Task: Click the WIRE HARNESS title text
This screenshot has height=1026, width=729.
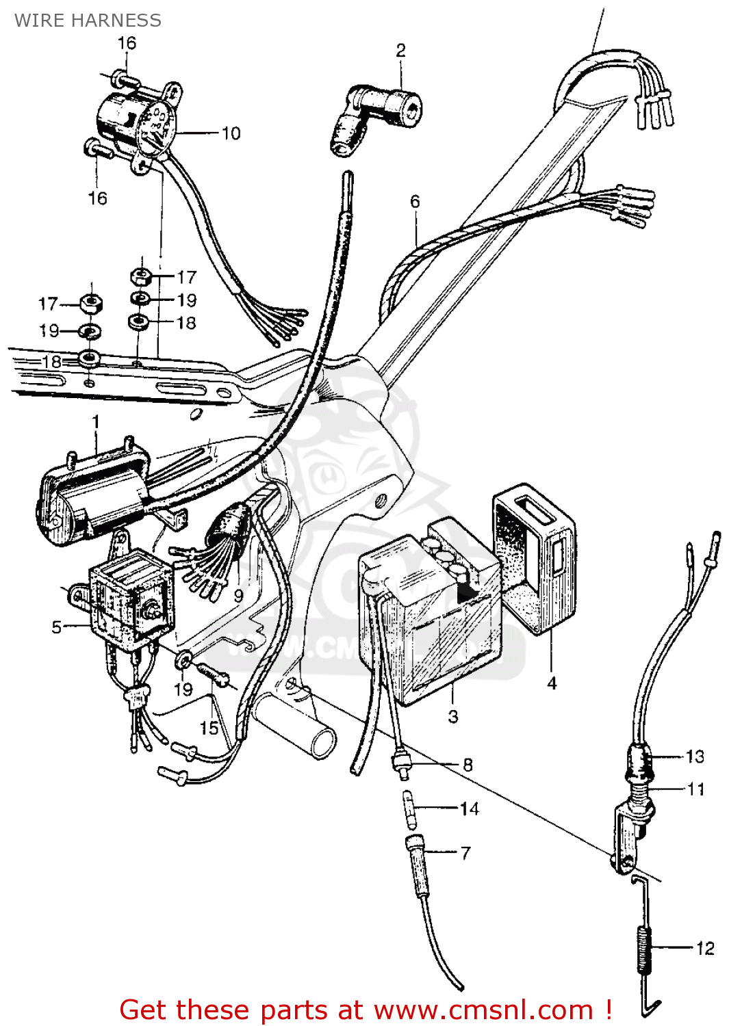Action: [88, 21]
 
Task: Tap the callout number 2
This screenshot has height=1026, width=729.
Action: [400, 50]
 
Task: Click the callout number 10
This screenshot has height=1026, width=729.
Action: [231, 133]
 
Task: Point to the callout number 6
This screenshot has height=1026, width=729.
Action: [415, 201]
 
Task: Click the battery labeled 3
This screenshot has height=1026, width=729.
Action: [430, 616]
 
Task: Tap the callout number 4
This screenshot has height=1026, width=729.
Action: [552, 683]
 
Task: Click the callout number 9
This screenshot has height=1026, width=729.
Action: [238, 596]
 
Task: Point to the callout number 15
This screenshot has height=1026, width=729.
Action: [209, 728]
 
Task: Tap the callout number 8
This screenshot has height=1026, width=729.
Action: [468, 765]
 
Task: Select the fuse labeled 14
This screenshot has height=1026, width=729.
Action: [409, 809]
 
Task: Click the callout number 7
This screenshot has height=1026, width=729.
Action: [465, 853]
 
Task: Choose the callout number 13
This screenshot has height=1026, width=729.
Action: [695, 757]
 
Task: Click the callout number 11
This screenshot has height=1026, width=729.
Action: [696, 789]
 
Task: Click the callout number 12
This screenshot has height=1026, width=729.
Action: [705, 949]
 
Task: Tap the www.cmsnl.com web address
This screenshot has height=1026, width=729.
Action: [483, 1010]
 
